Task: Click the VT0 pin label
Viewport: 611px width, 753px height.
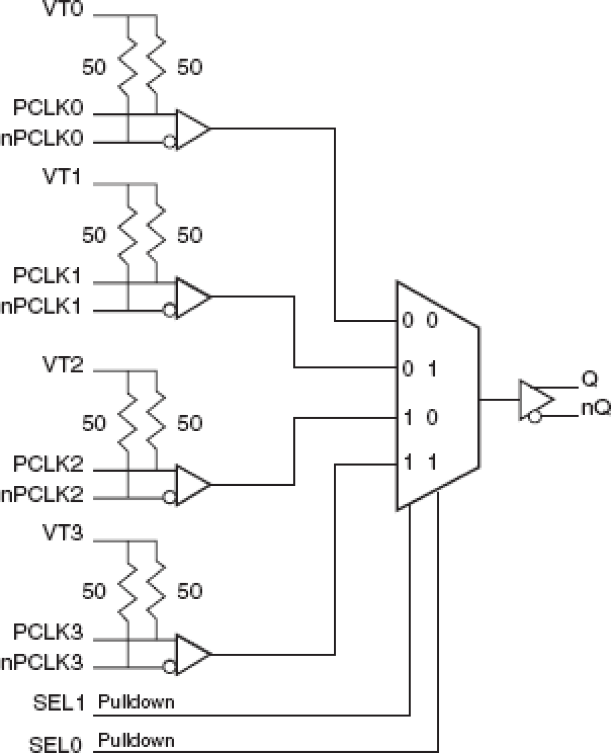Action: click(63, 10)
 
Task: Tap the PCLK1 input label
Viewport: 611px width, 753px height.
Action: click(47, 276)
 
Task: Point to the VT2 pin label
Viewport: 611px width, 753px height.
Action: click(63, 365)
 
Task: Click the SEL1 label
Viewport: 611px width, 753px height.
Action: click(58, 703)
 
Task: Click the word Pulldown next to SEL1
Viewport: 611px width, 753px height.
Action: click(136, 702)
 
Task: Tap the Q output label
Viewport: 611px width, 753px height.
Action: click(589, 379)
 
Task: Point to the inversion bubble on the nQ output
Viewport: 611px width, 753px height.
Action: click(535, 417)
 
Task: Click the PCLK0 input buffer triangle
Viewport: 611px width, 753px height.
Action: click(192, 129)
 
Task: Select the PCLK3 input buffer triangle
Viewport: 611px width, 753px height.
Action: click(192, 654)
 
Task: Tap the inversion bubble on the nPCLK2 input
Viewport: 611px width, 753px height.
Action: click(169, 497)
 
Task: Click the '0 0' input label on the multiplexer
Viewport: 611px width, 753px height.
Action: click(420, 320)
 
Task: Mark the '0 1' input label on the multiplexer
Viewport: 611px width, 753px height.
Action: click(420, 369)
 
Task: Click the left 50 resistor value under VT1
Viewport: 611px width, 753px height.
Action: click(94, 235)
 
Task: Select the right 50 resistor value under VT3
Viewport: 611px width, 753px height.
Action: click(189, 591)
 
